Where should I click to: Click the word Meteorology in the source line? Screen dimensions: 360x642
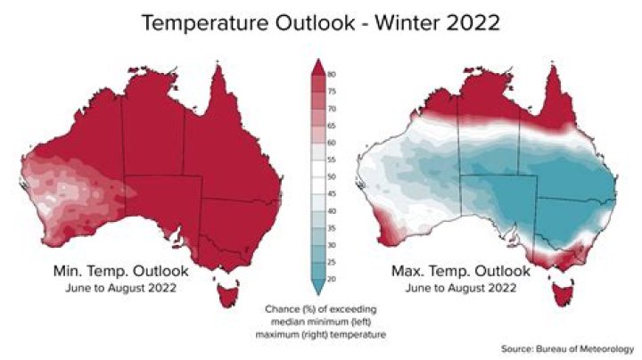point(606,348)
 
